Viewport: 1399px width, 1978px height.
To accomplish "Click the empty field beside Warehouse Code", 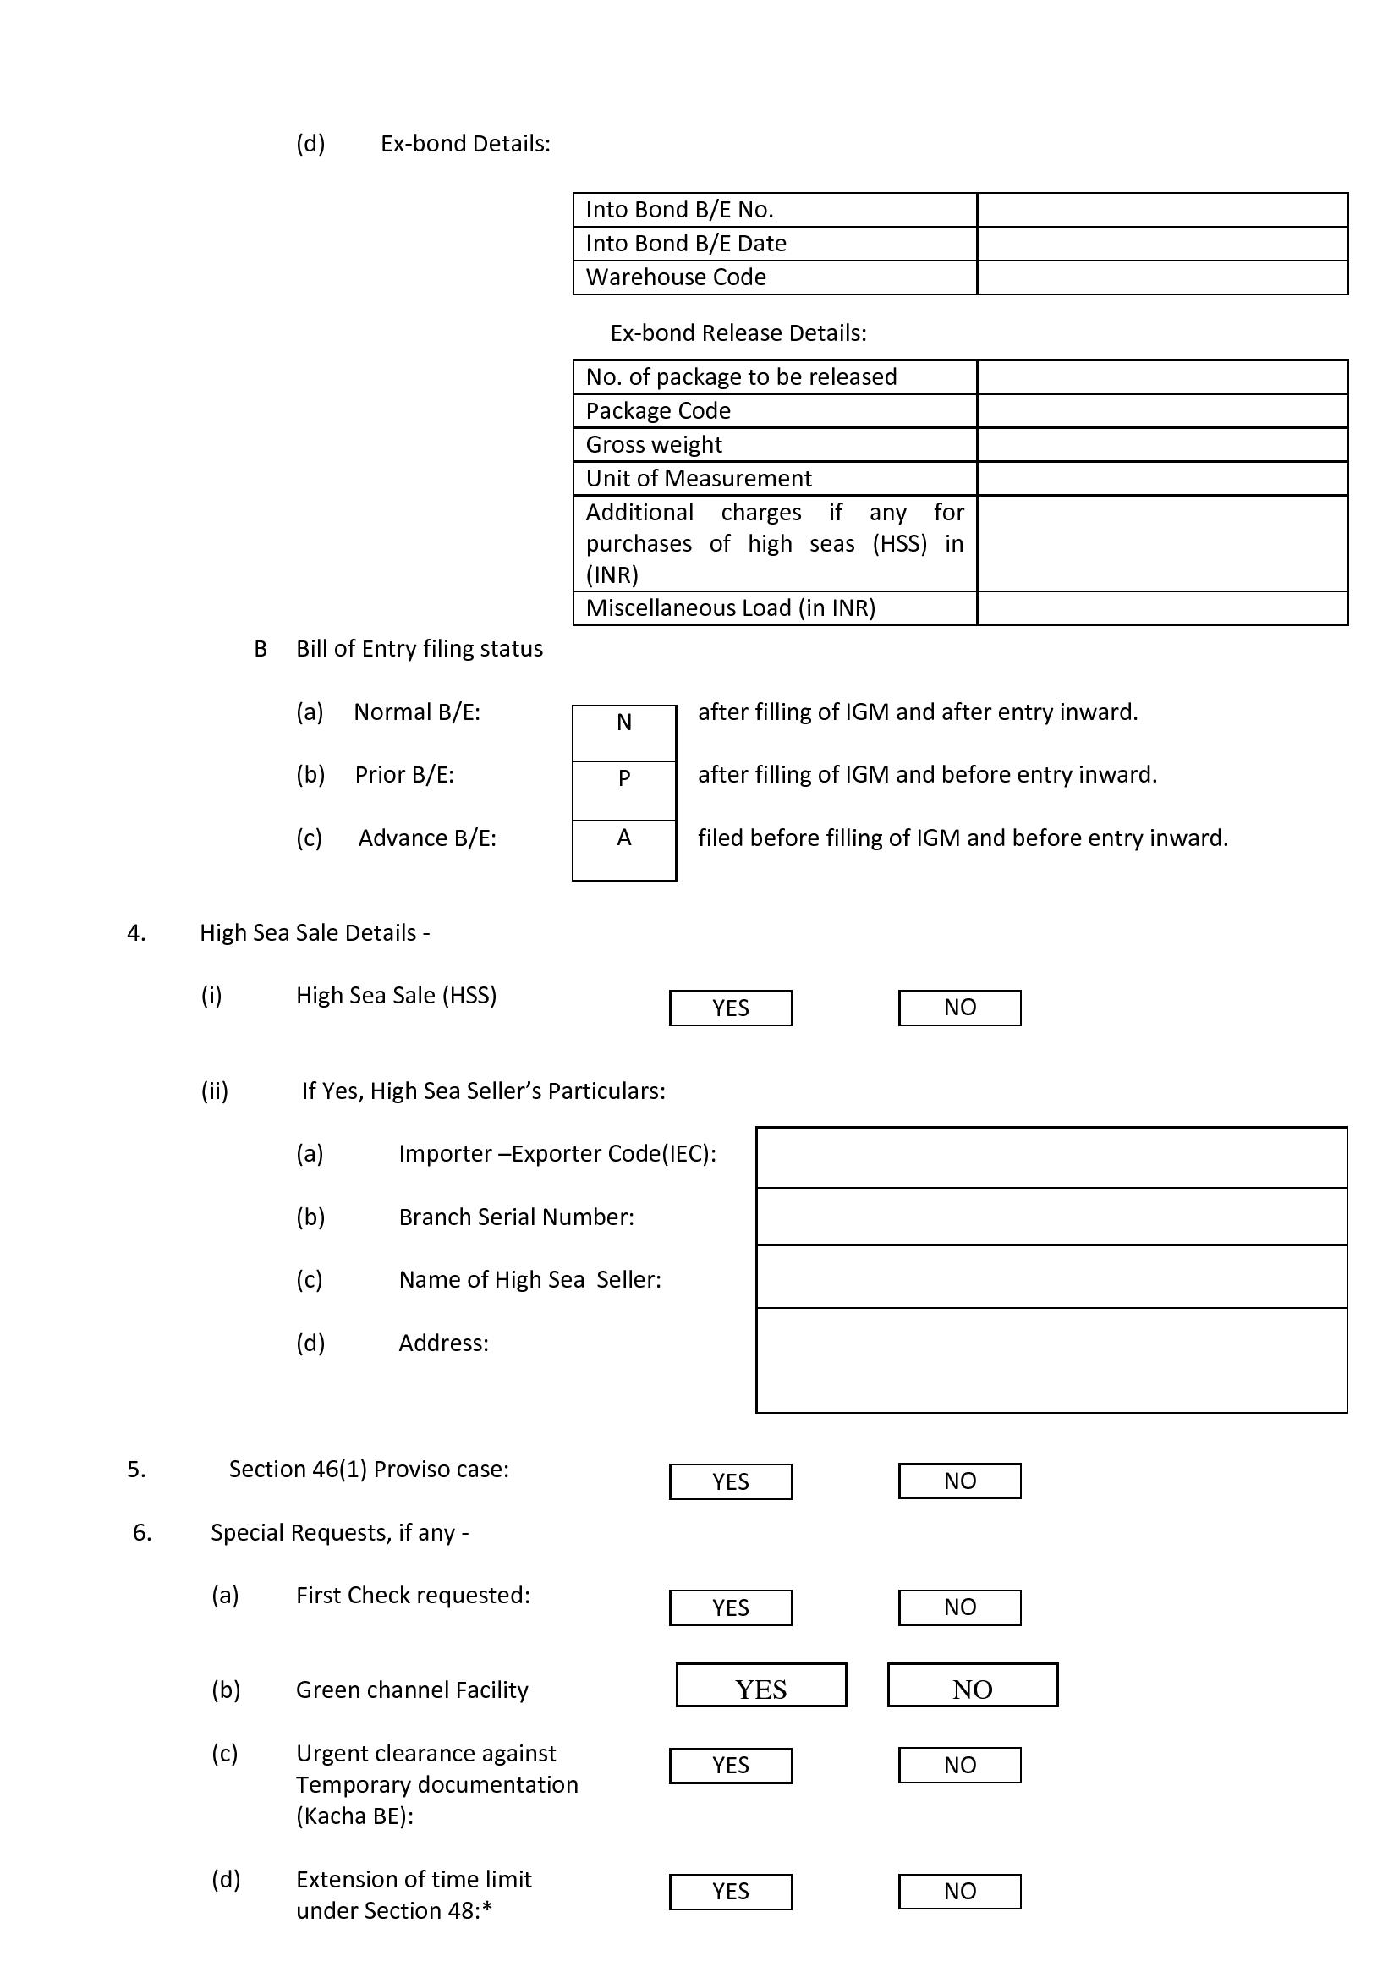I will [x=1162, y=277].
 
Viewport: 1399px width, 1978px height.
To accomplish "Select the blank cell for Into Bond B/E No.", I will [x=1162, y=209].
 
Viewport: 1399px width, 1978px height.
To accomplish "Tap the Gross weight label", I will [x=654, y=444].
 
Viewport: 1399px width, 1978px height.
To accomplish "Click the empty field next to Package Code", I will [x=1162, y=411].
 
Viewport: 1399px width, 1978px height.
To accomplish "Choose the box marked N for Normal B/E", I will [x=623, y=733].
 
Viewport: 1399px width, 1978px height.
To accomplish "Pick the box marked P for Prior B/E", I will [x=623, y=790].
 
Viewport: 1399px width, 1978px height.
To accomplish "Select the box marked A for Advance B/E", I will [x=623, y=849].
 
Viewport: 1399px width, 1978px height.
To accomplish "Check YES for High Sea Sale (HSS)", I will [x=731, y=1008].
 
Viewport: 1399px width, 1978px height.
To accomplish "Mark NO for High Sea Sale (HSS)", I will [x=960, y=1008].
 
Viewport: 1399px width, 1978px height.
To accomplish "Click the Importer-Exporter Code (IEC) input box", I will [x=1051, y=1157].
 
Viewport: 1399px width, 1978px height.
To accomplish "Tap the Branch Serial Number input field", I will [x=1051, y=1217].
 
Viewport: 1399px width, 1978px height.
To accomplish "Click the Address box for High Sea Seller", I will [x=1051, y=1360].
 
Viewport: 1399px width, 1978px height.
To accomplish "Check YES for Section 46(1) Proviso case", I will [x=731, y=1481].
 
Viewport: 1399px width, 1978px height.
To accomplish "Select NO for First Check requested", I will [x=960, y=1607].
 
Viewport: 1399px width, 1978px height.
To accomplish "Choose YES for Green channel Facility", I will [x=761, y=1685].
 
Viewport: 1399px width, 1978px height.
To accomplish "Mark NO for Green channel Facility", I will [x=973, y=1685].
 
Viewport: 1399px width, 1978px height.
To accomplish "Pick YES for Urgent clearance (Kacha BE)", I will [x=731, y=1765].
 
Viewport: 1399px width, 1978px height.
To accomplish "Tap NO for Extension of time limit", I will [x=960, y=1891].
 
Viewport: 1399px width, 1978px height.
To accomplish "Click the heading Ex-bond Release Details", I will [x=738, y=333].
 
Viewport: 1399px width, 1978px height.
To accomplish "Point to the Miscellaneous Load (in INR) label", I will [x=731, y=608].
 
